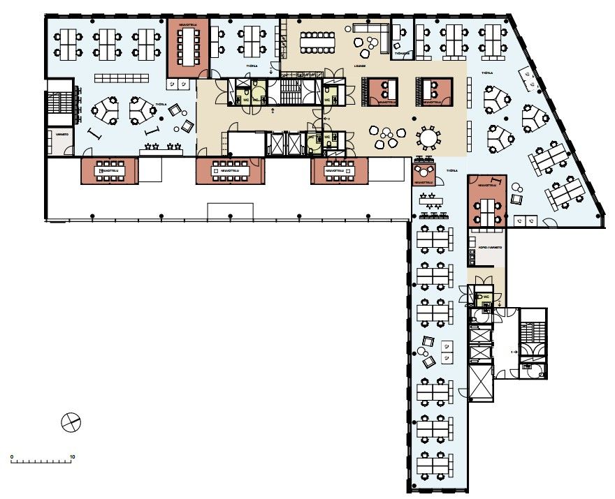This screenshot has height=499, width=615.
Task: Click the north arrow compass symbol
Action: click(71, 422)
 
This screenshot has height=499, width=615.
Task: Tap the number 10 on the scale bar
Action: click(72, 457)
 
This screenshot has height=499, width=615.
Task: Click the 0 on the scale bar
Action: click(12, 457)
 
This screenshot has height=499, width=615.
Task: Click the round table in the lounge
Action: click(428, 137)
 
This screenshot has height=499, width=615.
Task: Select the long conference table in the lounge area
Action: click(318, 43)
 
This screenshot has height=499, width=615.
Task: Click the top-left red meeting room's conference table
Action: click(187, 47)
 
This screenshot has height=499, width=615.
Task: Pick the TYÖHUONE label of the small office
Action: click(401, 53)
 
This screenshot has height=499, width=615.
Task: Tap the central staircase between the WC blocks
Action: click(289, 91)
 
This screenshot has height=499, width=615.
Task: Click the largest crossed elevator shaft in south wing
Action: click(481, 383)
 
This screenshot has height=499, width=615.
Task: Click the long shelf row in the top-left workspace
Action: click(122, 76)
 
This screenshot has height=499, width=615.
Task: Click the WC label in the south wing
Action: click(484, 297)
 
